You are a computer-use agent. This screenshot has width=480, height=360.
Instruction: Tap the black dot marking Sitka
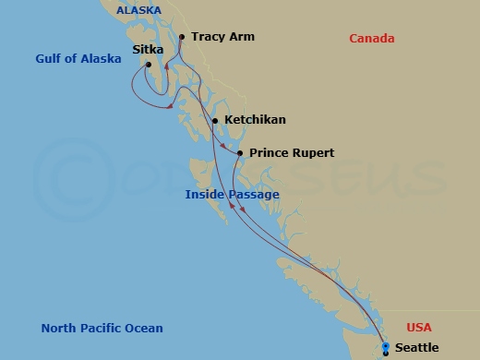[x=150, y=64]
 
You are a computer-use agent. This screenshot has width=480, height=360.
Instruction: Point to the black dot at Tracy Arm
[x=182, y=37]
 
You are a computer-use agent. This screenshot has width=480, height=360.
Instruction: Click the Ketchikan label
[x=255, y=120]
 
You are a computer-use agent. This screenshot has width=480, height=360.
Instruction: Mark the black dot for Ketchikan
[x=215, y=120]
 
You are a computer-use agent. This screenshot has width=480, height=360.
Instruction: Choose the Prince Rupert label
[x=292, y=153]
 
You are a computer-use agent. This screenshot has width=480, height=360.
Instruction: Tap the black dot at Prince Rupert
[x=240, y=153]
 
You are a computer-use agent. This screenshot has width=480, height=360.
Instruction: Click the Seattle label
[x=416, y=348]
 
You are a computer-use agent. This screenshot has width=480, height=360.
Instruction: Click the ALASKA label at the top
[x=138, y=10]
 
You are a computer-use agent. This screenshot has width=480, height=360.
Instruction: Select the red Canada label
[x=372, y=39]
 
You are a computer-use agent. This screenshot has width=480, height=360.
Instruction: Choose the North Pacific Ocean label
[x=102, y=329]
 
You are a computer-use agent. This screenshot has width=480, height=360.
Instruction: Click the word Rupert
[x=312, y=153]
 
